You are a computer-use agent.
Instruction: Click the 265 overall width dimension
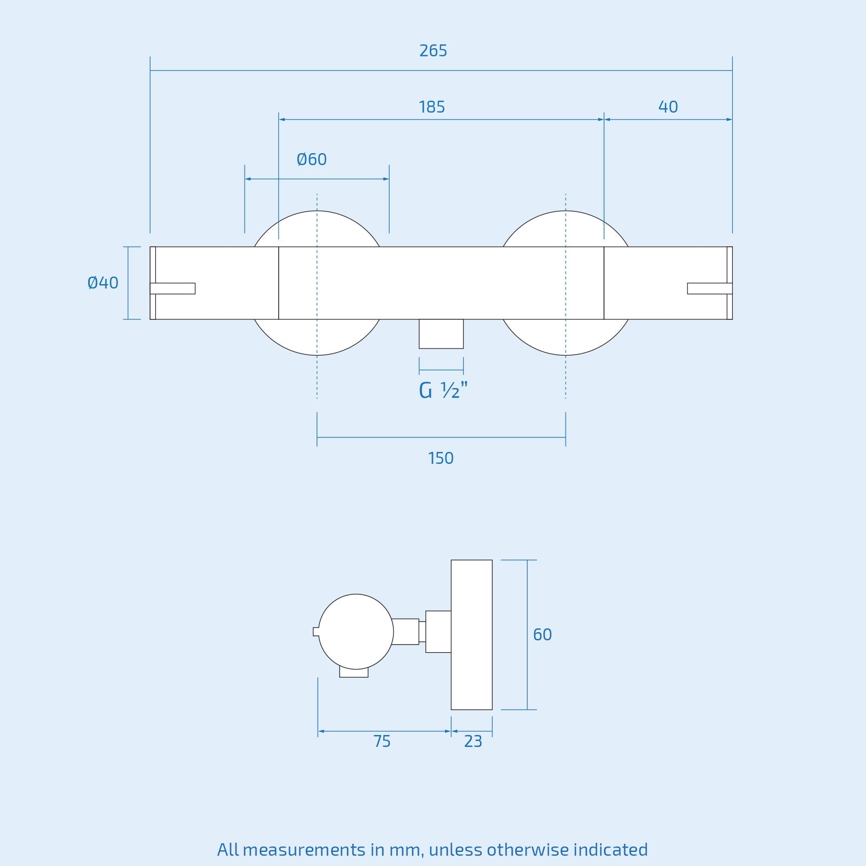pyautogui.click(x=433, y=51)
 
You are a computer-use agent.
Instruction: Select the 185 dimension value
pyautogui.click(x=431, y=107)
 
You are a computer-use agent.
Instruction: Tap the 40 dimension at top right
pyautogui.click(x=668, y=107)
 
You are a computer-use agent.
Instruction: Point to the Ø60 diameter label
pyautogui.click(x=312, y=160)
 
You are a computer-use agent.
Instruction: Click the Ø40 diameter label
pyautogui.click(x=103, y=283)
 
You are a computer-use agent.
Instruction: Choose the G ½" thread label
pyautogui.click(x=443, y=390)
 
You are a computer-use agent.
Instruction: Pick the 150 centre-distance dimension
pyautogui.click(x=441, y=458)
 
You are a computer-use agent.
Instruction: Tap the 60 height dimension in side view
pyautogui.click(x=542, y=634)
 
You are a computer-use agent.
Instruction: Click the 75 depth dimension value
pyautogui.click(x=382, y=742)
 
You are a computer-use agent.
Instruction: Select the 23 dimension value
pyautogui.click(x=473, y=742)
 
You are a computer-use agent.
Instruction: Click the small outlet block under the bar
pyautogui.click(x=441, y=334)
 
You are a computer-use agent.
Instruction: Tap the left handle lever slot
pyautogui.click(x=173, y=288)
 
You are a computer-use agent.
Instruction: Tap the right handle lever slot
pyautogui.click(x=710, y=288)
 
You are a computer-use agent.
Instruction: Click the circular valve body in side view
pyautogui.click(x=356, y=632)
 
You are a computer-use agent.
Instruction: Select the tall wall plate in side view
pyautogui.click(x=471, y=634)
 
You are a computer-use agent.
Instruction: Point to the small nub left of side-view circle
pyautogui.click(x=316, y=632)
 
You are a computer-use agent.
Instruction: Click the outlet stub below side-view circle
pyautogui.click(x=354, y=673)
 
